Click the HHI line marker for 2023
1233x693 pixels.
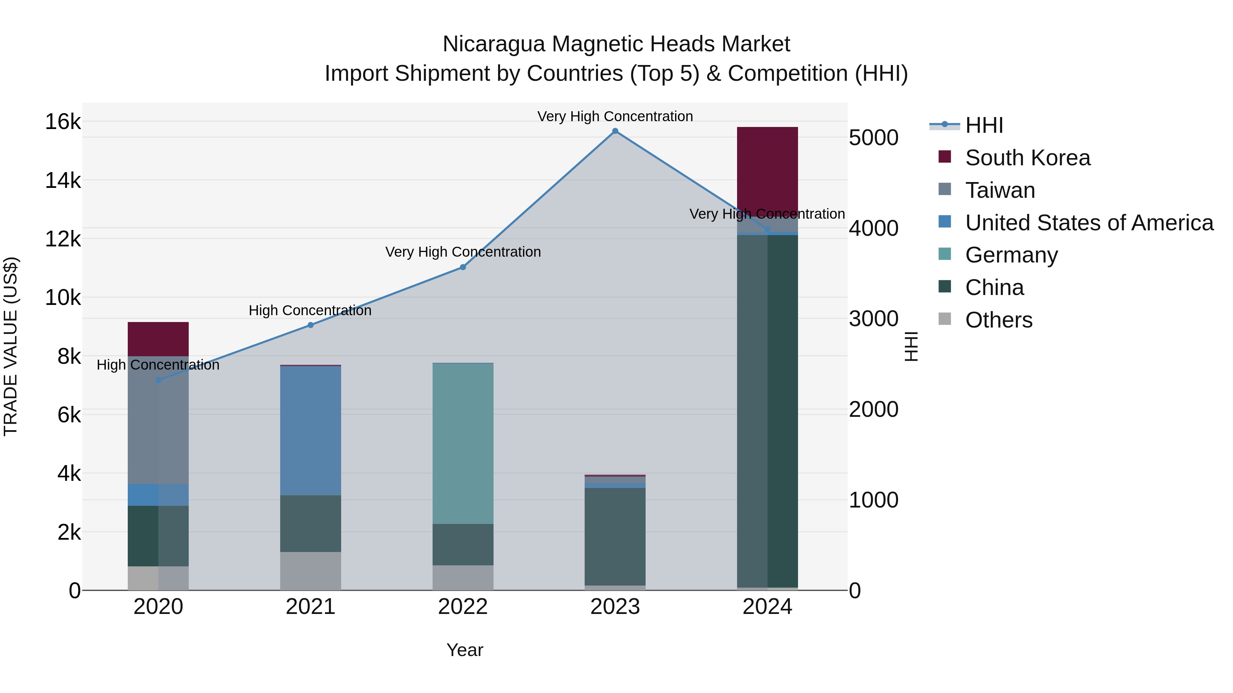(x=615, y=131)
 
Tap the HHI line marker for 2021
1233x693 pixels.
(x=311, y=325)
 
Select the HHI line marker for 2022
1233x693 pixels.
(x=463, y=267)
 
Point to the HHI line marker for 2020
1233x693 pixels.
(x=159, y=380)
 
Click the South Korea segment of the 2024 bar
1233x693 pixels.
(x=767, y=170)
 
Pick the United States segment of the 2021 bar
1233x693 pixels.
(x=311, y=431)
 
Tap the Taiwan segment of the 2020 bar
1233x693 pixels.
(x=159, y=420)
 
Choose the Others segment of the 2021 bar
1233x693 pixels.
(x=311, y=571)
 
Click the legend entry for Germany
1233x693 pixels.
(x=1011, y=255)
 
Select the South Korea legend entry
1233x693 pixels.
(x=1027, y=158)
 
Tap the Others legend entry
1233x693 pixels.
(x=998, y=320)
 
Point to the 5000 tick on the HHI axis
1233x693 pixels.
(x=873, y=138)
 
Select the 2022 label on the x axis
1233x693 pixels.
(x=463, y=607)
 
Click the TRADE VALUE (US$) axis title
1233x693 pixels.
(x=11, y=346)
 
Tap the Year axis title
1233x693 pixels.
(x=465, y=650)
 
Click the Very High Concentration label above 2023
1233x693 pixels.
(x=615, y=116)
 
